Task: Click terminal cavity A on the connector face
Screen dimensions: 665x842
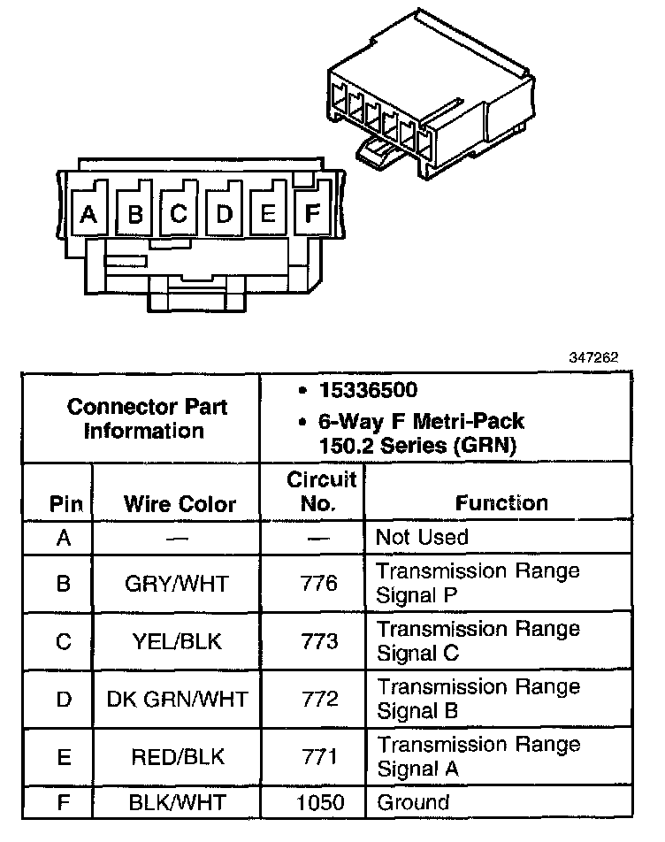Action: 88,213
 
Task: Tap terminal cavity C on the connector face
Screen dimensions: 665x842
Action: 178,213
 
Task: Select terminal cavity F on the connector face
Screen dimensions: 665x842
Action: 311,212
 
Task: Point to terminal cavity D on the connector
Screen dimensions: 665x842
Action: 225,213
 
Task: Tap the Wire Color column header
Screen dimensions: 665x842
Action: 180,504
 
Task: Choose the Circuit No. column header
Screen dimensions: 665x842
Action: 321,492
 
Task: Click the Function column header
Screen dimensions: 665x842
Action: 501,503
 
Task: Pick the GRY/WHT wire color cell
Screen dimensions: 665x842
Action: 177,584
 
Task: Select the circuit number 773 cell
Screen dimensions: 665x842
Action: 320,642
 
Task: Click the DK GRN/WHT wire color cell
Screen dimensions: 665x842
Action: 177,700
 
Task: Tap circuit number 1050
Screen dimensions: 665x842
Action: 320,802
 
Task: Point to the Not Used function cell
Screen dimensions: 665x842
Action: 422,537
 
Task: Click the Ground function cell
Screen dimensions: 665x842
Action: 413,802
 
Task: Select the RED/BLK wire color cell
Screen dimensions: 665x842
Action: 177,758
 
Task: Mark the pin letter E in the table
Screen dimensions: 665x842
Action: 63,758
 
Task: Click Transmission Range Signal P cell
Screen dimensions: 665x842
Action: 478,583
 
